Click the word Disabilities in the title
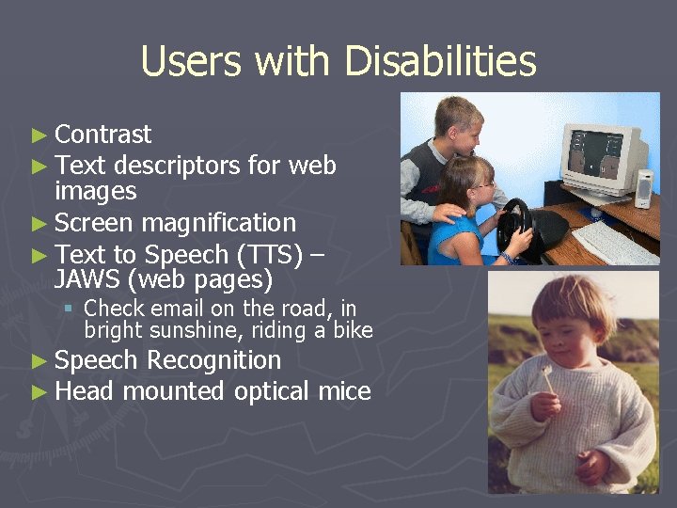pos(440,62)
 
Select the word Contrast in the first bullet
pos(102,135)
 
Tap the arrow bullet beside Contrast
pos(39,135)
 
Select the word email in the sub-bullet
pos(177,308)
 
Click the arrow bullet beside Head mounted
pos(39,392)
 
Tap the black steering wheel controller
pos(514,227)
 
